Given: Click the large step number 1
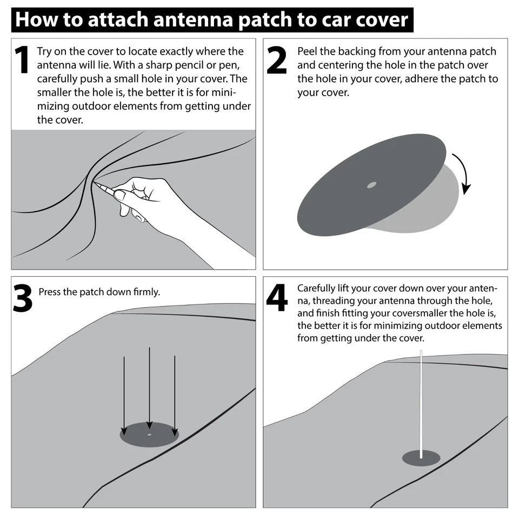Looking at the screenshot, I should point(21,61).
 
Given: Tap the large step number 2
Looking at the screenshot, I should point(277,61).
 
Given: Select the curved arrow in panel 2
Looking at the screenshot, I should point(463,173).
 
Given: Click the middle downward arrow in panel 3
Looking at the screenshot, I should point(149,384).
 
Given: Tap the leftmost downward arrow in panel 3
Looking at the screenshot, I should point(124,395).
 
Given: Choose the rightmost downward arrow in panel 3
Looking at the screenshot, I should point(175,395).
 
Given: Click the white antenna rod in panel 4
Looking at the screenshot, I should point(421,400).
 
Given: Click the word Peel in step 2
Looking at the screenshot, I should point(308,52).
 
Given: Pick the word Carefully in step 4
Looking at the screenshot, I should point(317,288).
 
